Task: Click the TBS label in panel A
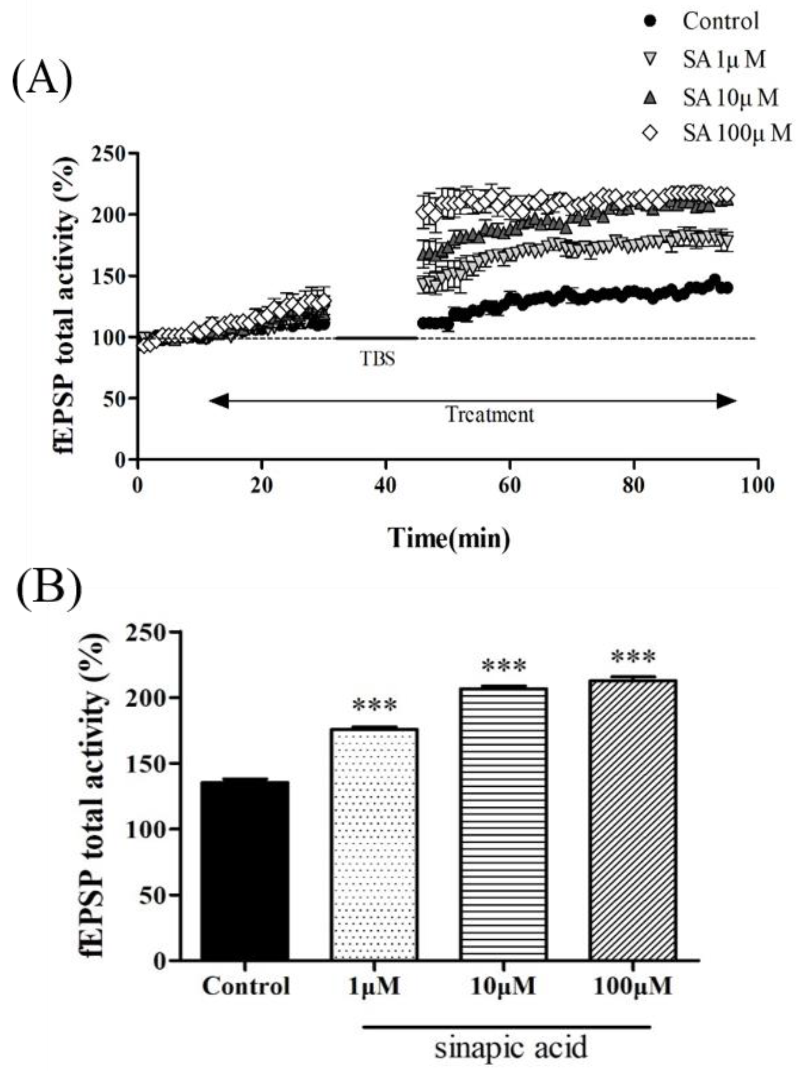pos(378,359)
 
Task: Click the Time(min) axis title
pos(448,538)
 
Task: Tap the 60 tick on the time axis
pos(510,485)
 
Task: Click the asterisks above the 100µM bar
pos(633,657)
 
